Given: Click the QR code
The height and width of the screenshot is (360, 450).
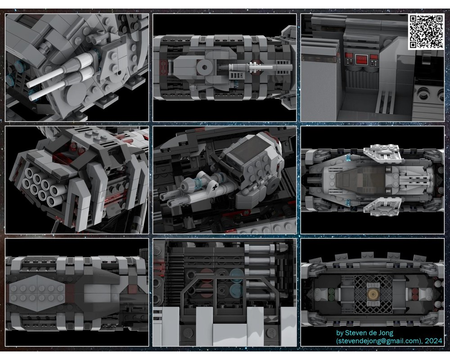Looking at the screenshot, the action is point(426,31).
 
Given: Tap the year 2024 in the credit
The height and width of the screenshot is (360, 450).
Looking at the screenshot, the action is point(433,341).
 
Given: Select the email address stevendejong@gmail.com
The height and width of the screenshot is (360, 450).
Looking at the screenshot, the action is point(377,341).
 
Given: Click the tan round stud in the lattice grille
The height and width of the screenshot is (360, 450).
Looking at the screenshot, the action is point(373,294).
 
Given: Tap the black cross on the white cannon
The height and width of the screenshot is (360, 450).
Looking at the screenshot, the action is point(215,188).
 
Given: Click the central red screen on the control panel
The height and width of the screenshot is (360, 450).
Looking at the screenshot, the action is point(362,59).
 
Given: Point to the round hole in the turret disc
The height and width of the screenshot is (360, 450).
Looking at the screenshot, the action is point(204,68).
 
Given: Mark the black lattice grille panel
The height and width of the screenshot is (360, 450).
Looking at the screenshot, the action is point(373,294).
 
